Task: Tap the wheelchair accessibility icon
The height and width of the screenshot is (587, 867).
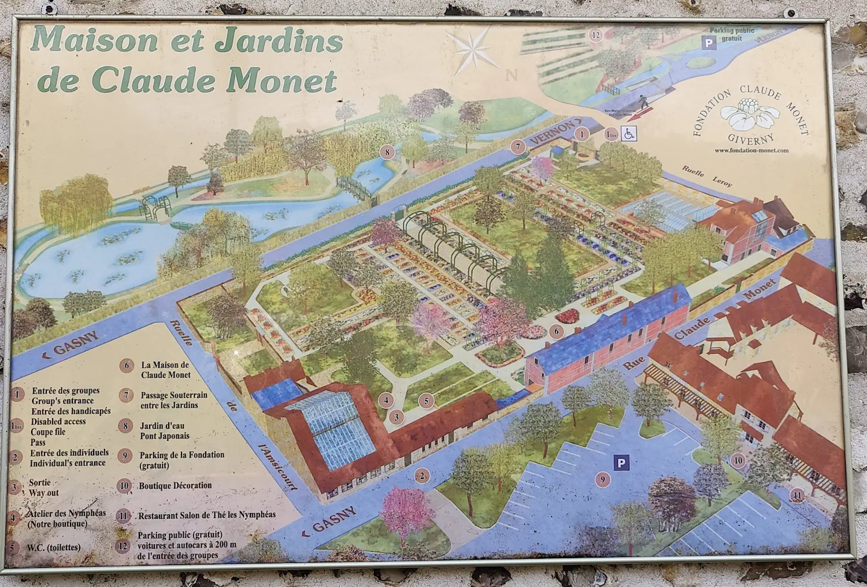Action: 629,134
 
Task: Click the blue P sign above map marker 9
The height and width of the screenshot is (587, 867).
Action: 621,462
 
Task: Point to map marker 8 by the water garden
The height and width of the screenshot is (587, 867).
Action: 387,153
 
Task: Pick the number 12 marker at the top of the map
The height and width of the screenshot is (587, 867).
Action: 596,35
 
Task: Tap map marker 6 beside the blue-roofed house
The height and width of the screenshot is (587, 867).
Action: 556,331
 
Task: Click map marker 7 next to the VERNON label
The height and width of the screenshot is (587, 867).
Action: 518,147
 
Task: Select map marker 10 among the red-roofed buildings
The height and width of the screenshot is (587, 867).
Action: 738,460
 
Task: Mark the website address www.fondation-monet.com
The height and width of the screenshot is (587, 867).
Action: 751,151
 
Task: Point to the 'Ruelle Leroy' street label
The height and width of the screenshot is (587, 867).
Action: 707,176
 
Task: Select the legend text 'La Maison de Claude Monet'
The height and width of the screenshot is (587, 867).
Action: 165,370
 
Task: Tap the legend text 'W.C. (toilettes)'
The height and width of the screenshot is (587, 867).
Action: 54,547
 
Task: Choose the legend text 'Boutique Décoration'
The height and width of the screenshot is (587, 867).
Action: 175,485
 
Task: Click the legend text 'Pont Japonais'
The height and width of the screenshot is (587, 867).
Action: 165,436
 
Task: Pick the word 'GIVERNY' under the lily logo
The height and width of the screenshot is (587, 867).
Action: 751,139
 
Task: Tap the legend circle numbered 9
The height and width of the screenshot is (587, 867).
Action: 125,455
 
